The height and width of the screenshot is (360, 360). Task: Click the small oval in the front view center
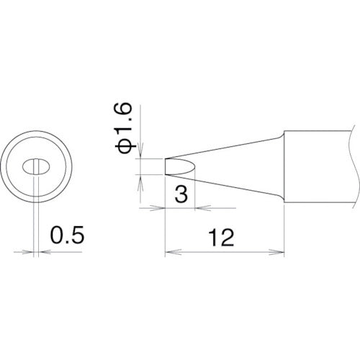point(34,168)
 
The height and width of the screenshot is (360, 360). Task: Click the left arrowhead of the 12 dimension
point(170,252)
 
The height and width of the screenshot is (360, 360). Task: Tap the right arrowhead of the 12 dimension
point(280,252)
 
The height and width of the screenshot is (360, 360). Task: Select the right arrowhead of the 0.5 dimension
point(40,252)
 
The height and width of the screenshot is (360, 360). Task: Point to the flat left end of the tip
point(166,166)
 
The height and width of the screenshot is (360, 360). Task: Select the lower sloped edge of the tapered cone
point(230,188)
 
